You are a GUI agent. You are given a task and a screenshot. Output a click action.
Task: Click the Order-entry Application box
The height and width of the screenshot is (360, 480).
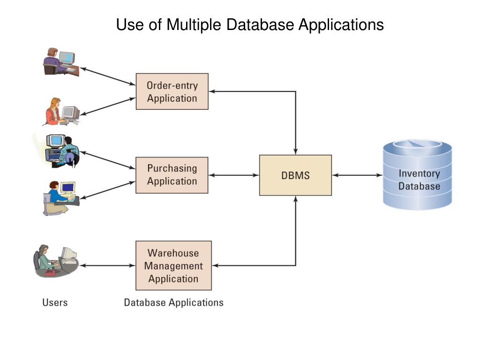pyautogui.click(x=172, y=91)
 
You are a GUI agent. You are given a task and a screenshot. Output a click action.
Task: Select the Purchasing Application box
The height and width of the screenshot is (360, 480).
pyautogui.click(x=172, y=175)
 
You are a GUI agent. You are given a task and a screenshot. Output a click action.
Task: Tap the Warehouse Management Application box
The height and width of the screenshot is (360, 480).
pyautogui.click(x=173, y=265)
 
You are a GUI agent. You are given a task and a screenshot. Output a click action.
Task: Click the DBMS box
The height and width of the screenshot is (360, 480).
pyautogui.click(x=295, y=175)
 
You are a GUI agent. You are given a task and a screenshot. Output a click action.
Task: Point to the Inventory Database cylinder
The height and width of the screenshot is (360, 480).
pyautogui.click(x=418, y=174)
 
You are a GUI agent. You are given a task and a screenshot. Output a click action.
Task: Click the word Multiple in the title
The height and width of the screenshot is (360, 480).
pyautogui.click(x=194, y=24)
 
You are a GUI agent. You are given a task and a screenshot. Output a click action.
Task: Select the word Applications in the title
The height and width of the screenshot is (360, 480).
pyautogui.click(x=341, y=24)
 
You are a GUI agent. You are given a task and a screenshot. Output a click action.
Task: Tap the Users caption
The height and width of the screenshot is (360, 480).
pyautogui.click(x=55, y=302)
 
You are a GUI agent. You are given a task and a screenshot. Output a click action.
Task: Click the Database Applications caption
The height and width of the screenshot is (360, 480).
pyautogui.click(x=173, y=302)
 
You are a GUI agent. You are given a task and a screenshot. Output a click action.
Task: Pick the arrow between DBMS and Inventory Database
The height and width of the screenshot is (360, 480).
pyautogui.click(x=357, y=175)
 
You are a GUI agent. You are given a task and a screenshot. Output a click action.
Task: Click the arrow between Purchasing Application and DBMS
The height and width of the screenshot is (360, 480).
pyautogui.click(x=233, y=175)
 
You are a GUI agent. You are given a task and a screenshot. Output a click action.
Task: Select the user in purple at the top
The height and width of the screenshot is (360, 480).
pyautogui.click(x=61, y=61)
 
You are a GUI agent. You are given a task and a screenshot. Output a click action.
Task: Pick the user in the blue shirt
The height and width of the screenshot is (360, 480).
pyautogui.click(x=61, y=198)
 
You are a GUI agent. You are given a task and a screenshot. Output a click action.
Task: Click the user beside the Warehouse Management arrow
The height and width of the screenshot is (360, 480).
pyautogui.click(x=55, y=261)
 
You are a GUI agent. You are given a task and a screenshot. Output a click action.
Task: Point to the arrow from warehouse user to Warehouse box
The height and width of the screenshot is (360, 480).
pyautogui.click(x=107, y=265)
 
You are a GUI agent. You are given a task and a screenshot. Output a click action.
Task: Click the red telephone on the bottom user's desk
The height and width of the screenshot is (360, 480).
pyautogui.click(x=50, y=273)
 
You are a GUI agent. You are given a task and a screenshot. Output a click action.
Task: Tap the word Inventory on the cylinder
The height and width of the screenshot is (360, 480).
pyautogui.click(x=420, y=173)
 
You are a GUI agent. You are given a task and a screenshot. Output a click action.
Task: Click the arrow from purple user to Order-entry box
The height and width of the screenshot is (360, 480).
pyautogui.click(x=107, y=76)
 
